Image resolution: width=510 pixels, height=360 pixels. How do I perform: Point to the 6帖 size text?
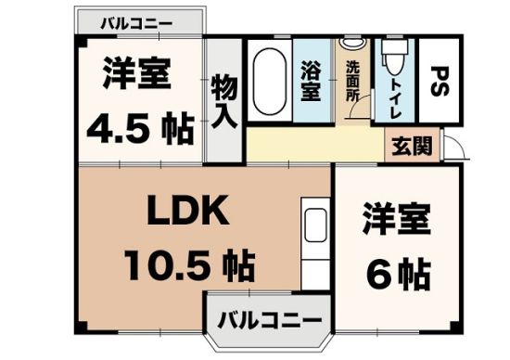pyautogui.click(x=398, y=272)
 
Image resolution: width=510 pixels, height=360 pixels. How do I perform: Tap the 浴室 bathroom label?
pyautogui.click(x=310, y=81)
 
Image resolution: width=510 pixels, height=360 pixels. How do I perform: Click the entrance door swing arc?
pyautogui.click(x=454, y=147)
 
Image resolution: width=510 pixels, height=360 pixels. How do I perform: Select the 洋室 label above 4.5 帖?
pyautogui.click(x=136, y=74)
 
